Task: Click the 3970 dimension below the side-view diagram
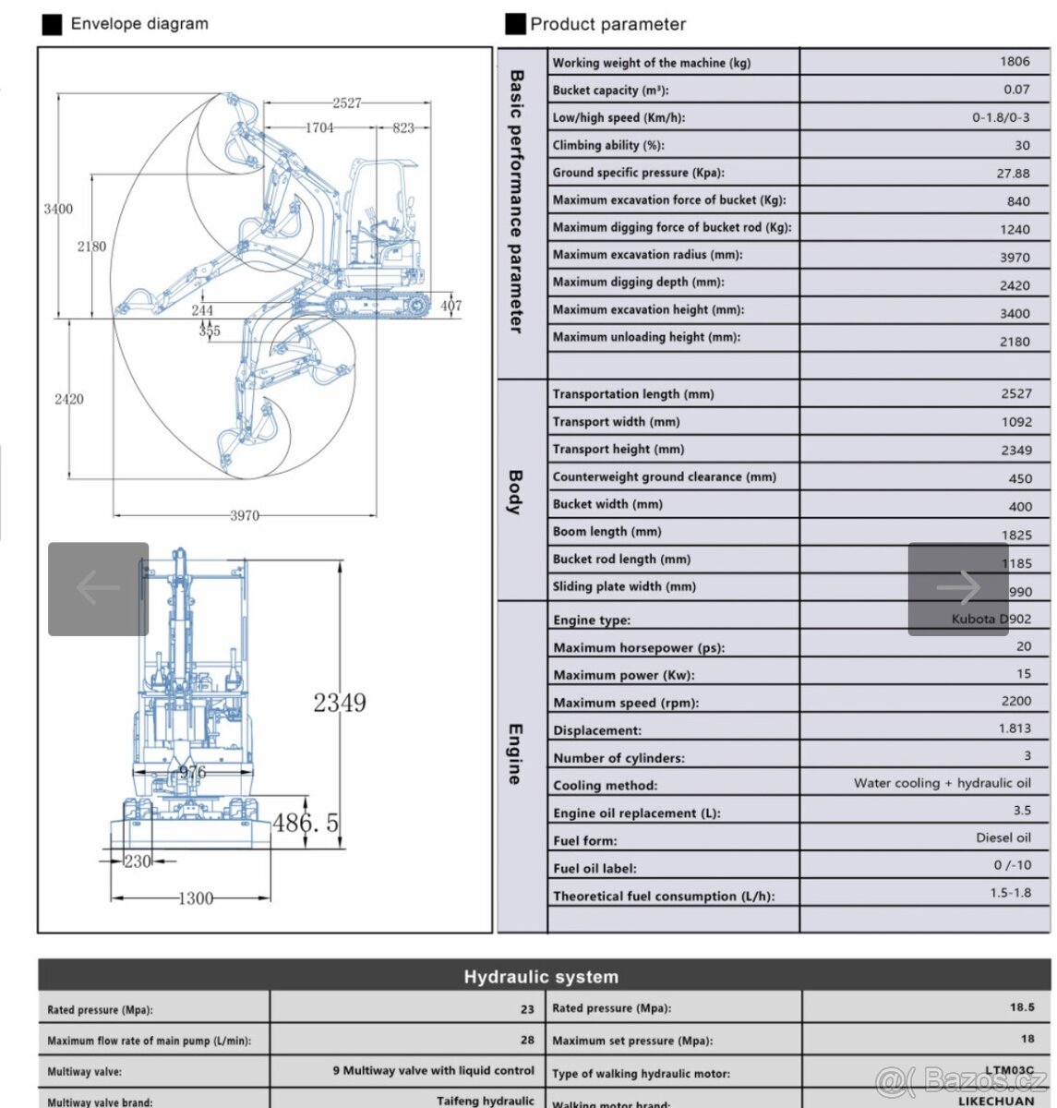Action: pyautogui.click(x=245, y=515)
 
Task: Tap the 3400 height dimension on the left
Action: pyautogui.click(x=58, y=209)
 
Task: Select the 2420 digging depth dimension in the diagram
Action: pyautogui.click(x=68, y=399)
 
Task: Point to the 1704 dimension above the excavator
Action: pyautogui.click(x=319, y=127)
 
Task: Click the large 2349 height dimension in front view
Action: pyautogui.click(x=340, y=703)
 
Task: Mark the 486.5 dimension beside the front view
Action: pyautogui.click(x=306, y=821)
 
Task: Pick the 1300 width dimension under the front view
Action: pyautogui.click(x=195, y=897)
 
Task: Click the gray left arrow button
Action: pyautogui.click(x=98, y=588)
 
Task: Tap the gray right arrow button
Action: pyautogui.click(x=957, y=588)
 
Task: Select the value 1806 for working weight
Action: pyautogui.click(x=1015, y=62)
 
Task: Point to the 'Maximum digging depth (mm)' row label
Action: pyautogui.click(x=638, y=283)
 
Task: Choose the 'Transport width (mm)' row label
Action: pyautogui.click(x=616, y=422)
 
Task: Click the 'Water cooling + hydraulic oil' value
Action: pyautogui.click(x=942, y=783)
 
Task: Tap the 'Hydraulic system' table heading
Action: pyautogui.click(x=541, y=977)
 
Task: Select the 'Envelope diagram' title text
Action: pyautogui.click(x=139, y=24)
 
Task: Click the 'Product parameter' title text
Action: pyautogui.click(x=607, y=25)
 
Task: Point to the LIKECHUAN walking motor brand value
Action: pyautogui.click(x=995, y=1101)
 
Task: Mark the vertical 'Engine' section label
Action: pyautogui.click(x=515, y=754)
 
